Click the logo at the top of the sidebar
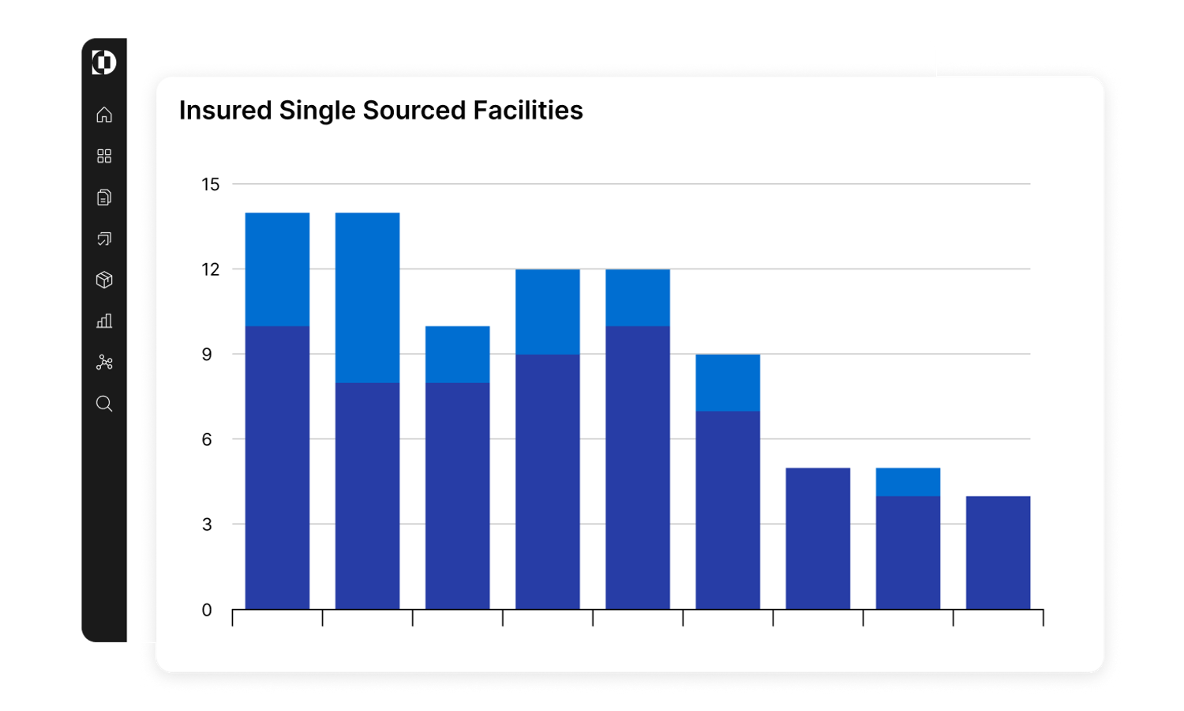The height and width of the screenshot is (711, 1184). click(x=104, y=62)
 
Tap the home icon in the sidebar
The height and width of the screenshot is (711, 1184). click(x=104, y=115)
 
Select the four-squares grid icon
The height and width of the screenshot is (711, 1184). click(x=104, y=156)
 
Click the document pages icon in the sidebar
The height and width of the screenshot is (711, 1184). click(x=104, y=197)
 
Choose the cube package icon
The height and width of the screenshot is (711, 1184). click(x=104, y=280)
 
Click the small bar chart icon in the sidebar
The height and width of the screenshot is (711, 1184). click(x=104, y=322)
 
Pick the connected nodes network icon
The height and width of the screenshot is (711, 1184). click(x=104, y=363)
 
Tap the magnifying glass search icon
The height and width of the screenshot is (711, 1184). click(x=104, y=404)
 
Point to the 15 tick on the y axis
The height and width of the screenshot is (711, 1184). click(x=210, y=185)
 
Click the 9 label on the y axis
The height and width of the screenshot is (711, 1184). click(x=207, y=355)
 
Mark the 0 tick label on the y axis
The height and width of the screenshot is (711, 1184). click(x=207, y=610)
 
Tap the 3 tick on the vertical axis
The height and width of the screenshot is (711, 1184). click(x=207, y=525)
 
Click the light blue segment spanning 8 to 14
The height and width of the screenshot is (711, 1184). click(x=367, y=298)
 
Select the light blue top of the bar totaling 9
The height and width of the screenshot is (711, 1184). click(x=728, y=382)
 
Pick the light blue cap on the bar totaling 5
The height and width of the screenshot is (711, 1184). click(x=908, y=482)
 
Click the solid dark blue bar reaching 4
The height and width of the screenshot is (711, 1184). click(x=998, y=553)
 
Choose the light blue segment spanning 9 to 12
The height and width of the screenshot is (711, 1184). click(x=548, y=312)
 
